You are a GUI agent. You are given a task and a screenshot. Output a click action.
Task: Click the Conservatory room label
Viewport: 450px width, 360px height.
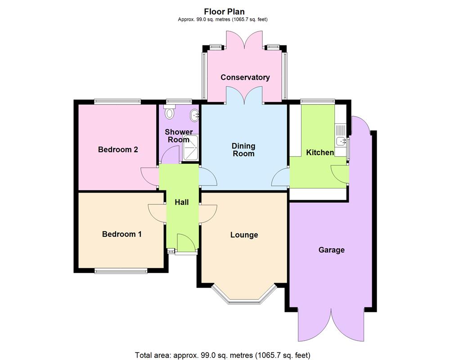[245, 77]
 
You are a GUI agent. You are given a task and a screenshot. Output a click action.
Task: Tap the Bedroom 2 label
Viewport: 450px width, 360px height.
[118, 149]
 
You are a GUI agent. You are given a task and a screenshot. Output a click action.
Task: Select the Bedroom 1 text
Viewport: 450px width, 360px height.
[121, 234]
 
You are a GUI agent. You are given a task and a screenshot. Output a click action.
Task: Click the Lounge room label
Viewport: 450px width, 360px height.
[244, 235]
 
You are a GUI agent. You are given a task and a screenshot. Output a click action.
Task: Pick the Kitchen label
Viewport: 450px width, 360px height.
[320, 153]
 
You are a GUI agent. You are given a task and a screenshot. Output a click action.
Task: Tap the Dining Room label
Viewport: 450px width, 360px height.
[243, 150]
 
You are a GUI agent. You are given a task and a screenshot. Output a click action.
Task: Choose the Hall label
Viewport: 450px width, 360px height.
[182, 202]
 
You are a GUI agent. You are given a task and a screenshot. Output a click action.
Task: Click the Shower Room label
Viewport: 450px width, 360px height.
[179, 135]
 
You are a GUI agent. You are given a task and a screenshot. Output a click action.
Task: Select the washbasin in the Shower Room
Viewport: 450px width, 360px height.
[195, 115]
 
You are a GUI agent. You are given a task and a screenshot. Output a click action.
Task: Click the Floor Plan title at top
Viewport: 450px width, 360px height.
[225, 12]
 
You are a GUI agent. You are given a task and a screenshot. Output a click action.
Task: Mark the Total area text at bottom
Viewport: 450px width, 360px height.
[223, 354]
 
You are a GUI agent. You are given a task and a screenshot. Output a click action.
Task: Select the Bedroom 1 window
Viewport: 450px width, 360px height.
[121, 271]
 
